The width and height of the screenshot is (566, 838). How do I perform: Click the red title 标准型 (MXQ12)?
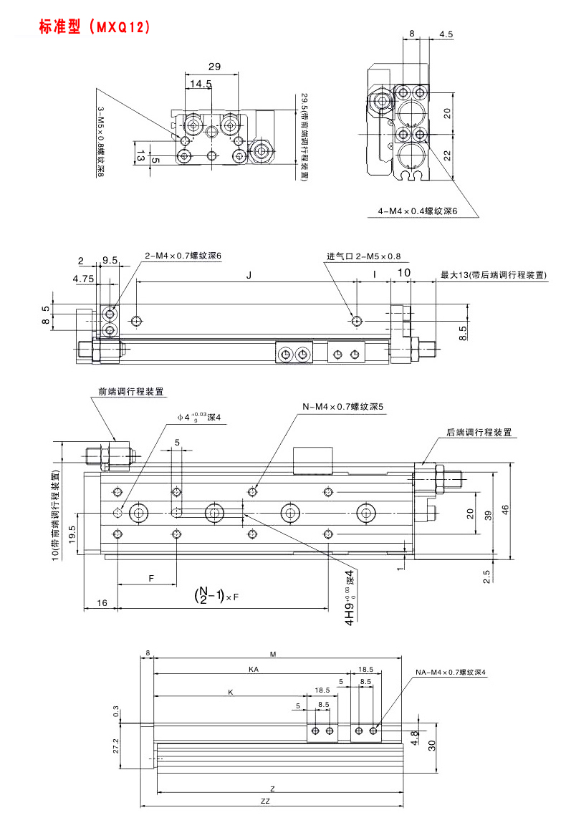(x=95, y=27)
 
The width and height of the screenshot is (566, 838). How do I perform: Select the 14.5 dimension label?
(x=201, y=84)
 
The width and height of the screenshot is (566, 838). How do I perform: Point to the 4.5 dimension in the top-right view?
(x=446, y=34)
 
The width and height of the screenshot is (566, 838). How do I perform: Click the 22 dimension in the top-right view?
(x=447, y=157)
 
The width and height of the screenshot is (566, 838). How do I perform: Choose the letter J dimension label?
(x=249, y=274)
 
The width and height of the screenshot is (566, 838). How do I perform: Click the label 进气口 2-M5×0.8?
(x=364, y=256)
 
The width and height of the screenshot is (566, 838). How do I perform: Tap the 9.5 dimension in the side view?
(x=110, y=261)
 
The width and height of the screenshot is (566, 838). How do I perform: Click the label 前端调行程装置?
(x=131, y=392)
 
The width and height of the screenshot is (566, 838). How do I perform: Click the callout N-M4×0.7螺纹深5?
(x=343, y=407)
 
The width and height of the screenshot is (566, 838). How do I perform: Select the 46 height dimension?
(x=505, y=510)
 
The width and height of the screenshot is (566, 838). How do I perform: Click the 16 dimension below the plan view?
(x=102, y=604)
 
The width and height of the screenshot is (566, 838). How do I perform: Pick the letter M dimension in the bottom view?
(x=273, y=654)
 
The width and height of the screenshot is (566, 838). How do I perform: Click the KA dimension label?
(x=253, y=669)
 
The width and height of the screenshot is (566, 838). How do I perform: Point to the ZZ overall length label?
(x=265, y=801)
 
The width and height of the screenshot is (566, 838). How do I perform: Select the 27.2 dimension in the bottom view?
(x=115, y=746)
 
